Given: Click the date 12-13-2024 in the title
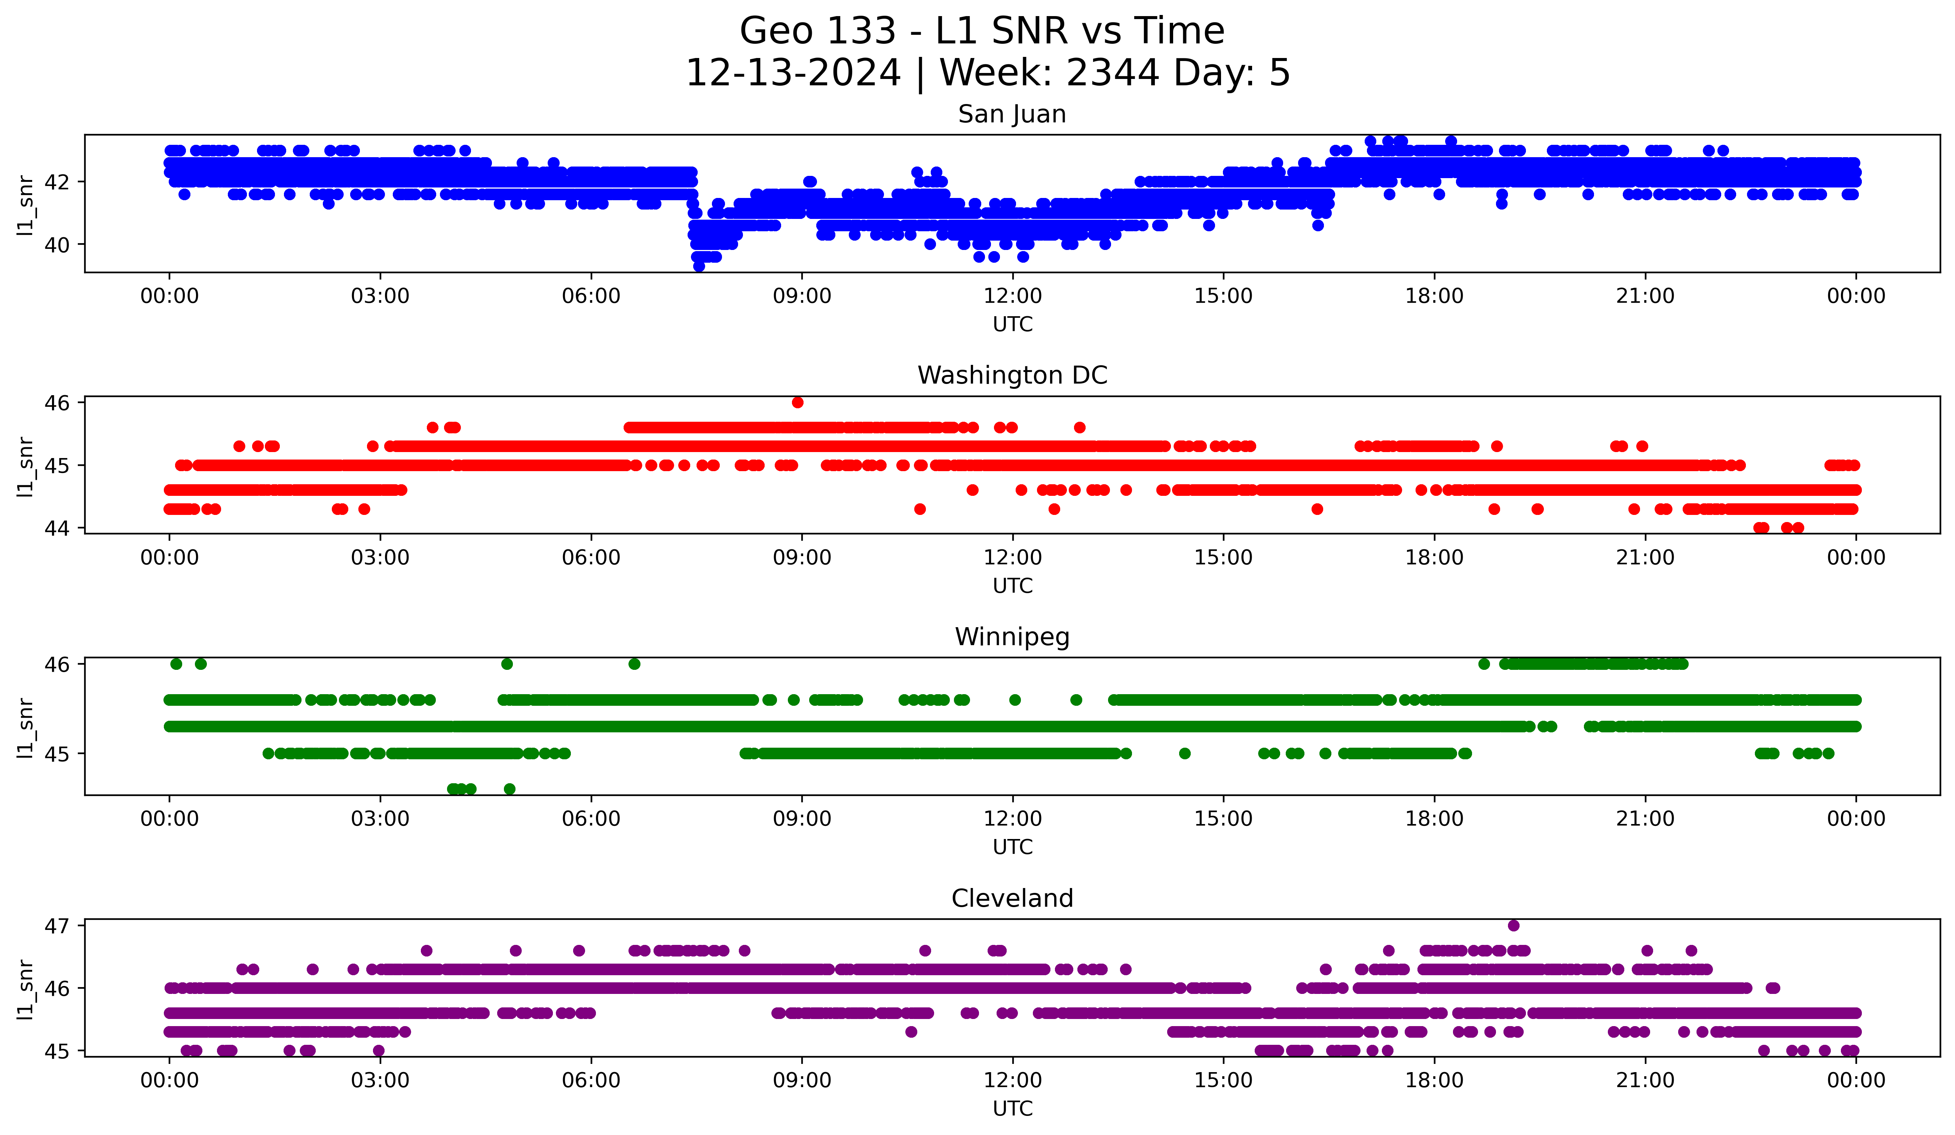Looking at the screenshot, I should point(793,73).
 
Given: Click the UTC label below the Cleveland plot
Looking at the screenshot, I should point(1012,1109).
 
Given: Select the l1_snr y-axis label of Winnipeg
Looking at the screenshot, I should point(25,727).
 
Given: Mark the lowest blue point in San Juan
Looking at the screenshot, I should point(699,266).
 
